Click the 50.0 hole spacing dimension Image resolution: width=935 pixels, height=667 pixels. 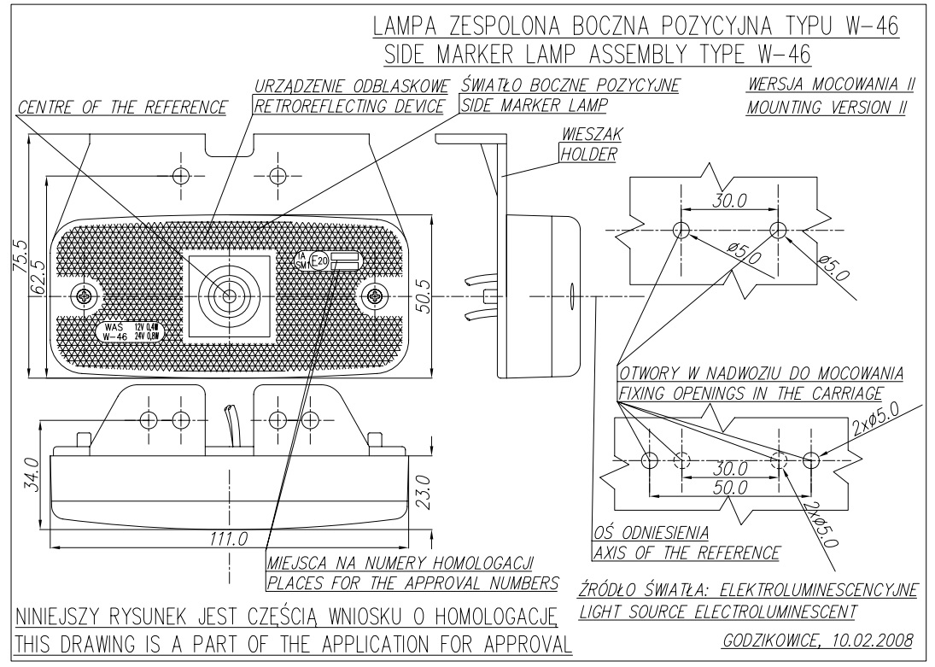click(730, 487)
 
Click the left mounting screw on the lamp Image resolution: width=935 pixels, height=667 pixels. click(84, 296)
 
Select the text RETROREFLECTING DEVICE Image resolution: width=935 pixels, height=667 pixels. click(349, 106)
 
